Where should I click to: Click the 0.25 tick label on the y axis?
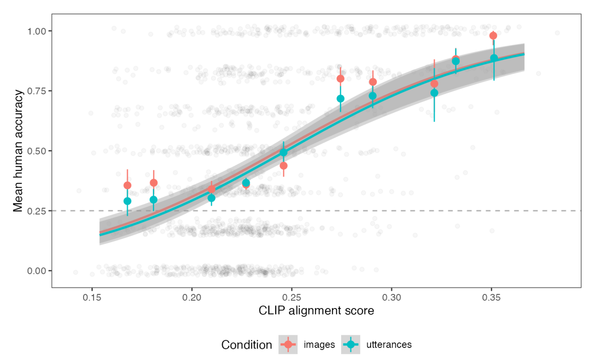tap(37, 211)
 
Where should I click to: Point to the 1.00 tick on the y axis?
tap(37, 31)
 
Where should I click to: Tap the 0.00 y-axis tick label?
tap(37, 271)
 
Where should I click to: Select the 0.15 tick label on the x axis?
tap(92, 297)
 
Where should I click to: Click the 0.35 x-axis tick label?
tap(491, 297)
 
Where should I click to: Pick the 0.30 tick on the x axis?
tap(392, 297)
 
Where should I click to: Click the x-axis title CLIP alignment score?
tap(316, 310)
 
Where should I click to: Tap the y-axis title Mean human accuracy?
tap(18, 151)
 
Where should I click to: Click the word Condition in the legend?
tap(246, 345)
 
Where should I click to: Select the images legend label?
tap(319, 345)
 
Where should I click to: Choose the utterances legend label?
tap(389, 345)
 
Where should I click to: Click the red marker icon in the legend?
tap(288, 345)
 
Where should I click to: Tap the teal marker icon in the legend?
tap(350, 345)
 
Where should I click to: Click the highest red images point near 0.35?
tap(493, 36)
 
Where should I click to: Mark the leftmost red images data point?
tap(127, 185)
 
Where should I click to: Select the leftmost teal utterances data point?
tap(127, 201)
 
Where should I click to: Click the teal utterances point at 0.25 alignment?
tap(283, 152)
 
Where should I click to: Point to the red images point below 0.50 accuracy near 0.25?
tap(283, 166)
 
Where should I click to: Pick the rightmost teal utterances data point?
tap(494, 58)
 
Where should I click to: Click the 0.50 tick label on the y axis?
tap(37, 151)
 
